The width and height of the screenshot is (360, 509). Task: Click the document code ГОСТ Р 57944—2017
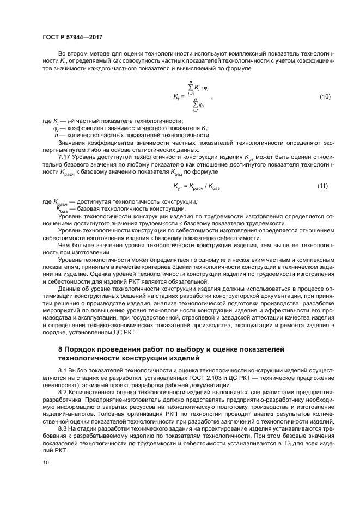tap(72, 37)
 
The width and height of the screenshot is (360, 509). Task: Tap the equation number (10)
tap(325, 96)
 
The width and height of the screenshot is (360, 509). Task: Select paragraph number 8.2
tap(63, 392)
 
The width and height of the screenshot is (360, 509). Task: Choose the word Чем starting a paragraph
tap(64, 245)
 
